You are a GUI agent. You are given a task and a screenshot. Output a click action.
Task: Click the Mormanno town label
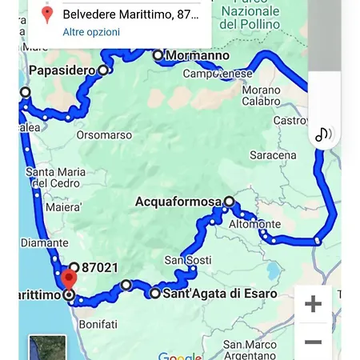click(197, 56)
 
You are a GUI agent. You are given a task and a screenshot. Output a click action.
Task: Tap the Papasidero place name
click(62, 71)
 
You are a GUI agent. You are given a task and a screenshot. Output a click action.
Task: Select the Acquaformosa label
click(178, 202)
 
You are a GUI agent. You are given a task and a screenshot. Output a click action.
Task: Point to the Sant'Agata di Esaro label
click(219, 294)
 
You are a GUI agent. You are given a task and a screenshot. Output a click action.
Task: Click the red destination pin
click(69, 280)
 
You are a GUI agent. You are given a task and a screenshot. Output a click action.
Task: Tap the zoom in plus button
click(313, 304)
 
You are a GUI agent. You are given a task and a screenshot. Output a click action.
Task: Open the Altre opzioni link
click(91, 32)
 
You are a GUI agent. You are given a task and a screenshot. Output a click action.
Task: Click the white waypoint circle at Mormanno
click(158, 55)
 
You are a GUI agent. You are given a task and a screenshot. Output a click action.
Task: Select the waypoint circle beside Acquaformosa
click(229, 202)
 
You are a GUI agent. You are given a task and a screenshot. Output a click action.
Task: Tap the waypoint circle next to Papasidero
click(103, 70)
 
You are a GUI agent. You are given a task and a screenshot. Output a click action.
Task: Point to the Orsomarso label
click(104, 135)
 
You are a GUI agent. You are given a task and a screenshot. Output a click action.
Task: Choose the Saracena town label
click(272, 154)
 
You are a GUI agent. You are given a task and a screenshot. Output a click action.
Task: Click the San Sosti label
click(187, 260)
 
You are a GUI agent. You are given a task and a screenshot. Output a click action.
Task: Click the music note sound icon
click(323, 134)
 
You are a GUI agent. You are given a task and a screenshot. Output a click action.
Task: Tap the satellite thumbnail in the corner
click(46, 348)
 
